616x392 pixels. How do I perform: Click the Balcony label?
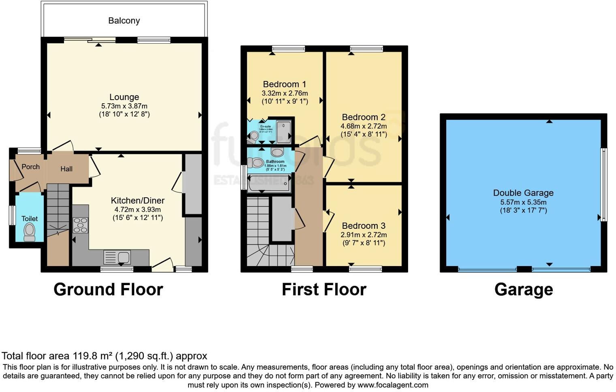pos(124,21)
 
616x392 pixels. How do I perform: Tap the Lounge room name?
pos(124,97)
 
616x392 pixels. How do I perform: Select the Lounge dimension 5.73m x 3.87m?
pos(124,106)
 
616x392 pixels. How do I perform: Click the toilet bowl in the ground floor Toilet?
pos(30,232)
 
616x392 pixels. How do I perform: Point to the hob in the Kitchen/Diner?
pos(80,225)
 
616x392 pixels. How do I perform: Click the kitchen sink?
pos(117,257)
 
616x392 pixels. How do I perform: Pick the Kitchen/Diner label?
pos(138,200)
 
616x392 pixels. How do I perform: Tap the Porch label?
pos(30,167)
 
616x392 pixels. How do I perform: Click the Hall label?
pos(66,169)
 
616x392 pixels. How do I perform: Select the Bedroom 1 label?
pos(284,84)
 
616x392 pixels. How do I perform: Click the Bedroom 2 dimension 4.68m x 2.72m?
pos(364,126)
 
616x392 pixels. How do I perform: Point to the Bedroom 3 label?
pos(364,226)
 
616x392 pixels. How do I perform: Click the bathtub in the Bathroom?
pos(269,183)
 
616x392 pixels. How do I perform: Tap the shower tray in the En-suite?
pos(283,132)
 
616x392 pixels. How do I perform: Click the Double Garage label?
pos(523,193)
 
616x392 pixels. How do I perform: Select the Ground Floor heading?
pos(108,290)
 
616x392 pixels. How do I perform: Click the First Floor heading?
pos(324,290)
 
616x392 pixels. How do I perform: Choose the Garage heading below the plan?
pos(524,290)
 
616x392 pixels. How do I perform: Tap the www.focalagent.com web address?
pos(393,385)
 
